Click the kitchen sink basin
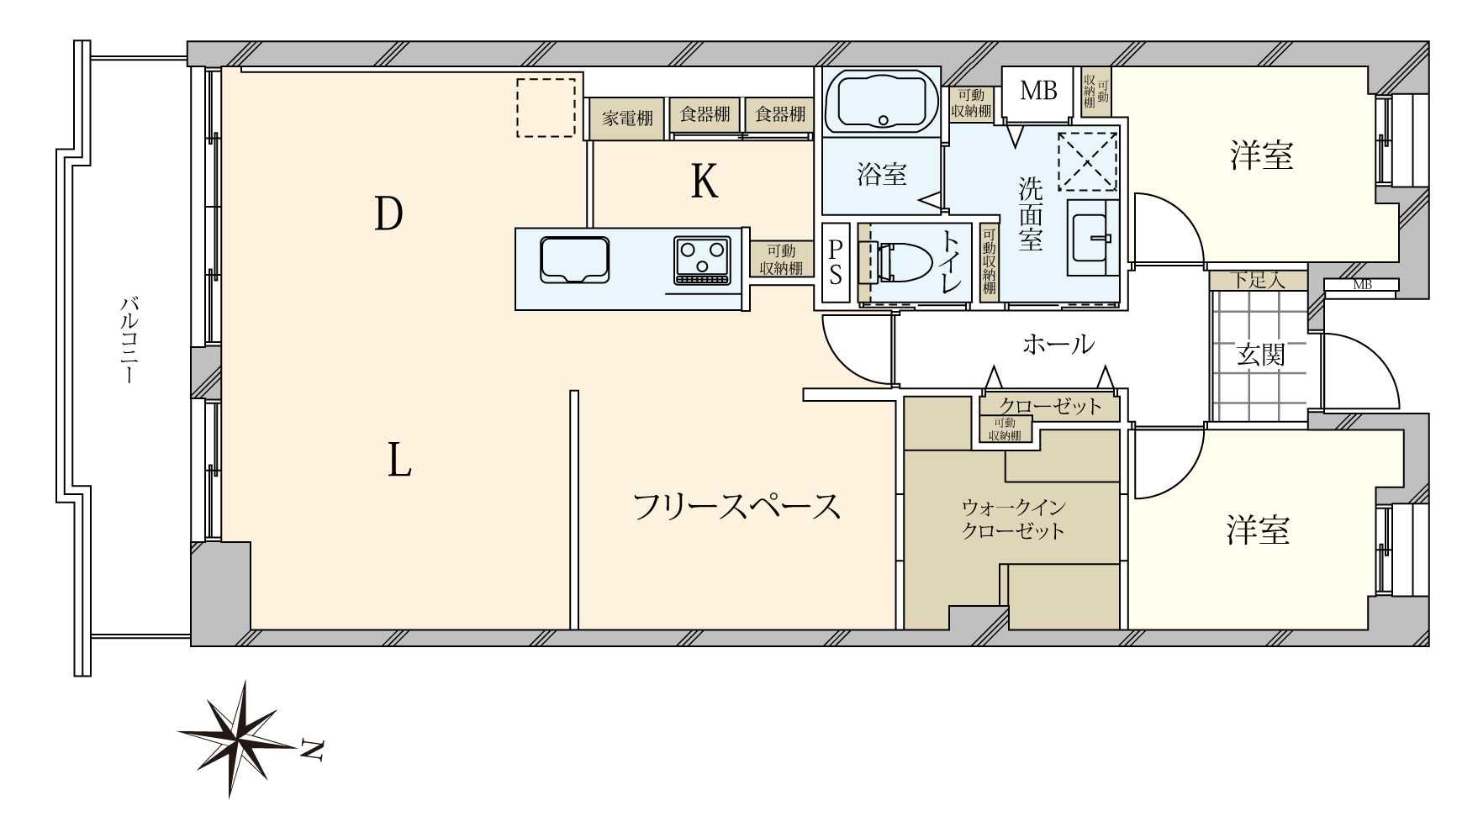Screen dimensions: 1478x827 pos(574,259)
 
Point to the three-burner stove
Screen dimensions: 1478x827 pos(702,260)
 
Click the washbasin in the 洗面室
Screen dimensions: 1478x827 pos(1092,238)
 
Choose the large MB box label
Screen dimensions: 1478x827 pos(1038,90)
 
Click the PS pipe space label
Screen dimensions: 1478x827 pos(836,261)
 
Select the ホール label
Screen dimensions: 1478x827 pos(1058,344)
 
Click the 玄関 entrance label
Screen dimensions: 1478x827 pos(1261,355)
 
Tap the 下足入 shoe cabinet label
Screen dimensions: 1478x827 pos(1258,280)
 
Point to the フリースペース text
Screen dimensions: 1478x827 pos(736,507)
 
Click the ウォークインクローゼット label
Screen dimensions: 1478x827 pos(1013,519)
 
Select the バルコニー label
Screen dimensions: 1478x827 pos(129,340)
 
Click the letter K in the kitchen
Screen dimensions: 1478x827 pos(705,180)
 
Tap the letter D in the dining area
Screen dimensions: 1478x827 pos(388,213)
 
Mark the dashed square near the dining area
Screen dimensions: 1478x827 pos(546,108)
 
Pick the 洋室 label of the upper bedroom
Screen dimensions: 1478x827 pos(1261,156)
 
